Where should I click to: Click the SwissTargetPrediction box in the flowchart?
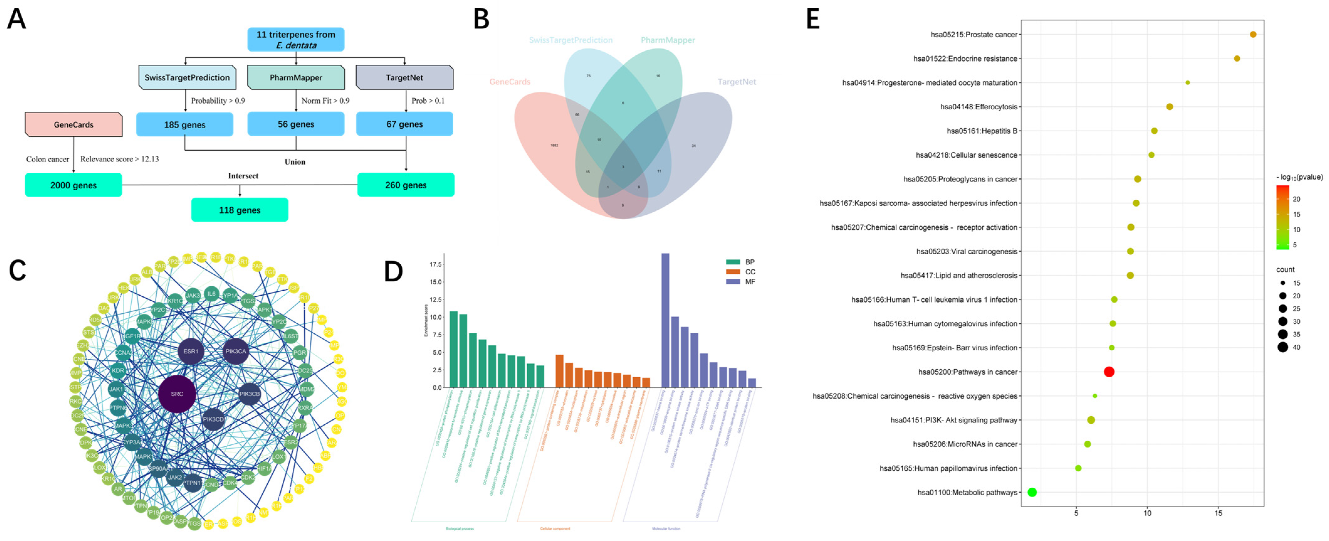pos(187,77)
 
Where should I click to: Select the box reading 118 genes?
pos(239,210)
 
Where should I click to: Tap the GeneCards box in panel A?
pos(74,124)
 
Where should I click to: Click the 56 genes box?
pos(296,124)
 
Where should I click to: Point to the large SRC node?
pos(177,394)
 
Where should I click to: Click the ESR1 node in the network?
pos(191,352)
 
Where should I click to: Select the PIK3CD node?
pos(213,420)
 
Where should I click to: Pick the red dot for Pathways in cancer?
pos(1109,372)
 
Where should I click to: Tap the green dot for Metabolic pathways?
pos(1032,492)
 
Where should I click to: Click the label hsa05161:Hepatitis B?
pos(982,131)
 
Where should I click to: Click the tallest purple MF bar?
pos(665,320)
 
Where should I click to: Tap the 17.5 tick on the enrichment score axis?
pos(435,264)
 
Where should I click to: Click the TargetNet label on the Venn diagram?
pos(736,82)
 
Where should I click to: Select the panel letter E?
pos(813,20)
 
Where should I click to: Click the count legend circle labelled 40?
pos(1283,347)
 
